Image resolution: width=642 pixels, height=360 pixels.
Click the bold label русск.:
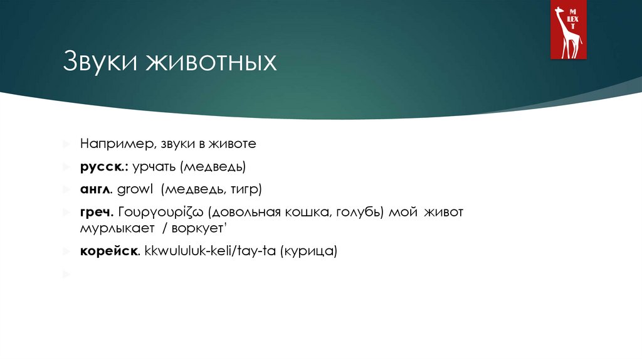(104, 167)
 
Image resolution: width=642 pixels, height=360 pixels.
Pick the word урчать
(154, 167)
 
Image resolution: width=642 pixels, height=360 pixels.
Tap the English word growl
(135, 189)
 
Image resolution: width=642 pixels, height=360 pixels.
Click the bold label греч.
(96, 211)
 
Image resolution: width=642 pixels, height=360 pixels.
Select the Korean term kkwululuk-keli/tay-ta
(210, 251)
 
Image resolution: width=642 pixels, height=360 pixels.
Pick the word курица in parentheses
(310, 251)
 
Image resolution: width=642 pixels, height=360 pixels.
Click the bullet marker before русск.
(66, 167)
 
